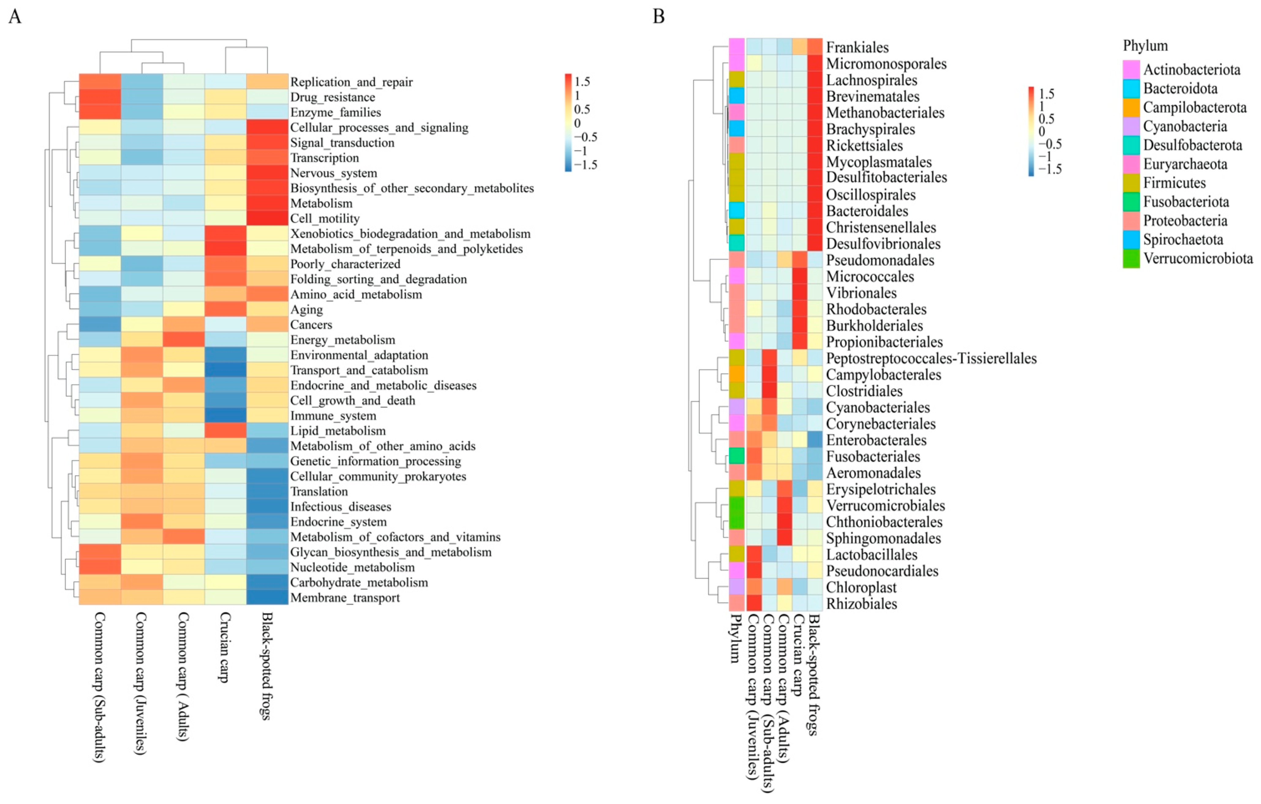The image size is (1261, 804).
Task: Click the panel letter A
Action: (15, 17)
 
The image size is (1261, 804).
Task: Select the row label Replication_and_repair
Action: (351, 82)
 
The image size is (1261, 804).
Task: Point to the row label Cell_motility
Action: (325, 218)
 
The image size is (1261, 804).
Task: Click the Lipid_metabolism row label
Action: (338, 431)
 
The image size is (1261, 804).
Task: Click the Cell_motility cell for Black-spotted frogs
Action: (267, 218)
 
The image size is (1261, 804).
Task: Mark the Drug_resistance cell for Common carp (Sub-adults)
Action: (100, 97)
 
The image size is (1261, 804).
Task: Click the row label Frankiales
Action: (857, 48)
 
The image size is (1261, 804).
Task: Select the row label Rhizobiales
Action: (861, 604)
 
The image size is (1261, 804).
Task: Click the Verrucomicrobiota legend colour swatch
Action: (1131, 259)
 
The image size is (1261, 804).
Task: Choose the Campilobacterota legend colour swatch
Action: (1131, 108)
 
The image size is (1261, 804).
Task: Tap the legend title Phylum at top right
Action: (1145, 46)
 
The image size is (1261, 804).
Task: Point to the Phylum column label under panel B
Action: (736, 639)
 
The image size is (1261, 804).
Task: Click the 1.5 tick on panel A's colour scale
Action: (582, 82)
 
